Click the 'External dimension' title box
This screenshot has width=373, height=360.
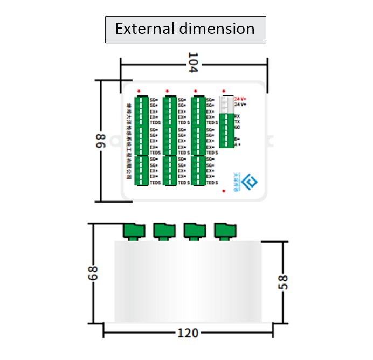coord(185,29)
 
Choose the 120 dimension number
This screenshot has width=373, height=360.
coord(188,333)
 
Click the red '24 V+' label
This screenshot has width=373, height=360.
coord(240,99)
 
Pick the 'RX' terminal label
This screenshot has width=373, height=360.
coord(237,116)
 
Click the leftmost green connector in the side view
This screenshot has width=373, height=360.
coord(134,231)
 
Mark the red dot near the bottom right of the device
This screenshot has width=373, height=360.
coord(223,190)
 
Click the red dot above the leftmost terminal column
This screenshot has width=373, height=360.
coord(139,91)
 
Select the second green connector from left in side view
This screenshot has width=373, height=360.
coord(164,231)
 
